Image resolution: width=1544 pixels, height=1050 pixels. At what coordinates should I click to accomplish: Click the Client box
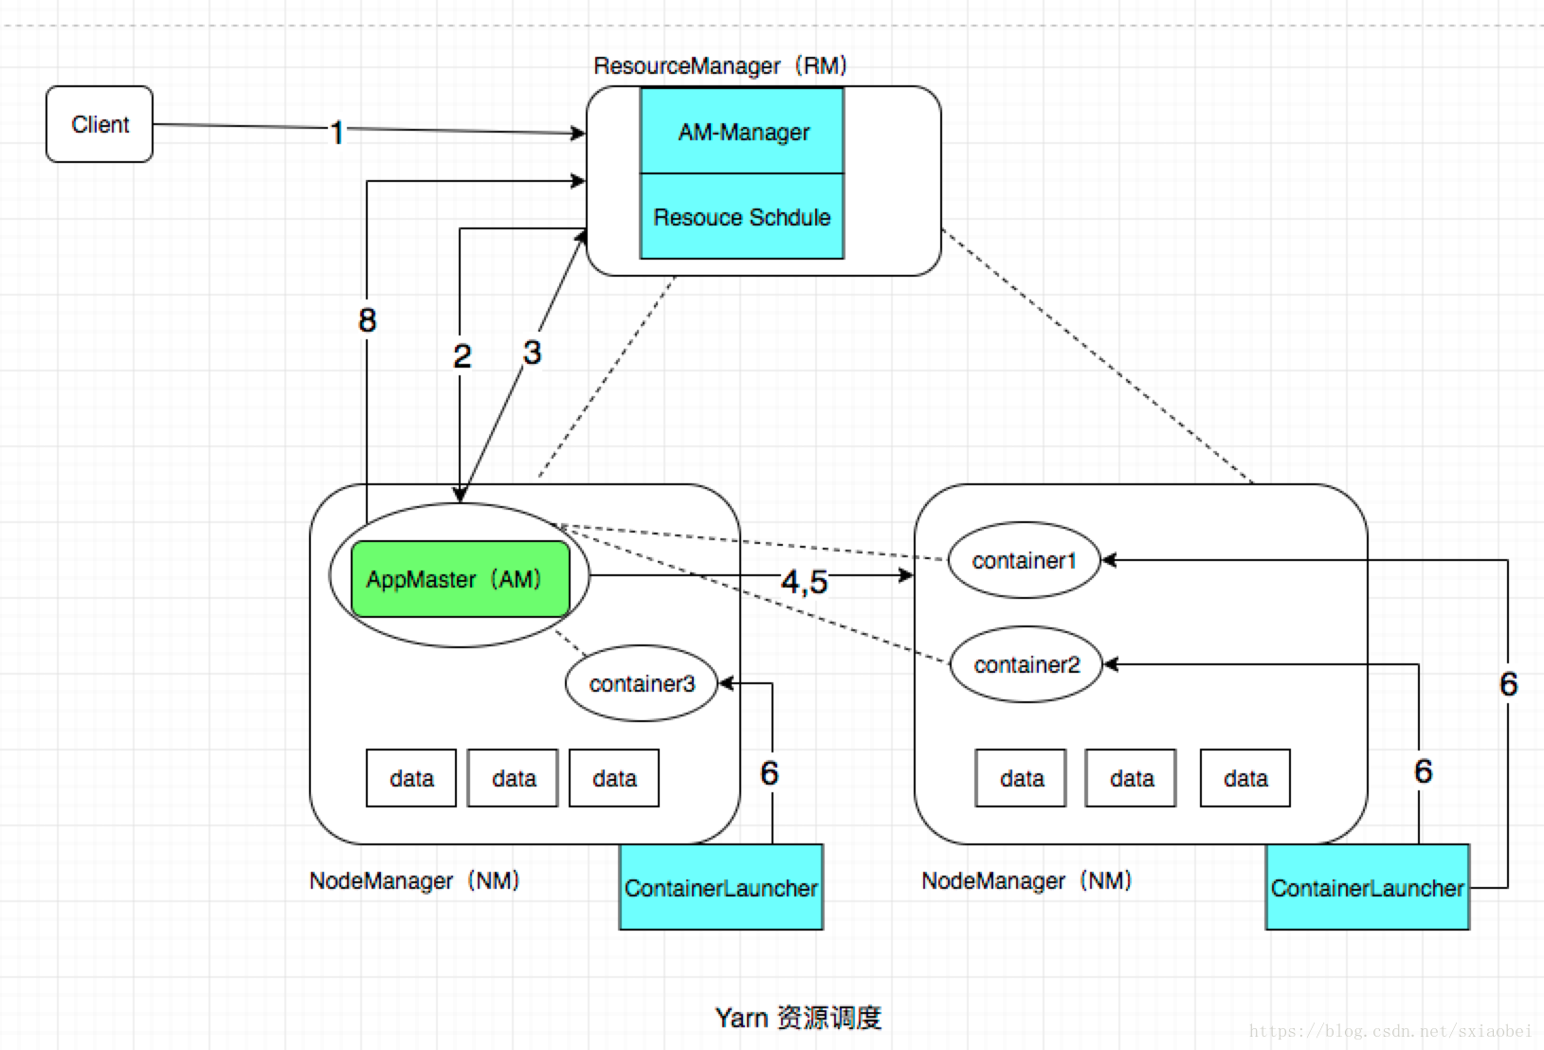click(100, 124)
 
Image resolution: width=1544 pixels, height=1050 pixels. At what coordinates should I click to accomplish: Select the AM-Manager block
click(742, 132)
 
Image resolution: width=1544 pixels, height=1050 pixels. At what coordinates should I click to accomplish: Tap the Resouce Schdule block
click(742, 217)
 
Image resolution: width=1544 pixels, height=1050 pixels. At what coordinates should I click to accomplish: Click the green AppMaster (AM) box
click(460, 579)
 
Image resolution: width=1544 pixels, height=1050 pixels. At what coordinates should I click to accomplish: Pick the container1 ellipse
click(1024, 560)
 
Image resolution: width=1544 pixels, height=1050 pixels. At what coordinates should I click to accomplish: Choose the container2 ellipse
click(1026, 664)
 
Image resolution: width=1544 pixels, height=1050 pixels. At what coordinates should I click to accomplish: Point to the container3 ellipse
click(642, 683)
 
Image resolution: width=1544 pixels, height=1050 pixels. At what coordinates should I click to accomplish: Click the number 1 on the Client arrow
click(336, 133)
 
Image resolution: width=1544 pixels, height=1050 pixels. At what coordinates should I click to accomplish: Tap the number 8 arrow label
click(367, 320)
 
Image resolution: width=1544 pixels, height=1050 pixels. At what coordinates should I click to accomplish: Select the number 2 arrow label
click(462, 356)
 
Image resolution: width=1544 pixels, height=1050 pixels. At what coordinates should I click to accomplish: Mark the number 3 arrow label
click(532, 353)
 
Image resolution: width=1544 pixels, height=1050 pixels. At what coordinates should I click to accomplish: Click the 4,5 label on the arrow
click(804, 581)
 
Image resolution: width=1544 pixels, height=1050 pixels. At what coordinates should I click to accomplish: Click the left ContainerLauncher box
click(720, 888)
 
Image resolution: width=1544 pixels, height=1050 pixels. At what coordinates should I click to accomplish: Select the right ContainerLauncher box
click(1367, 888)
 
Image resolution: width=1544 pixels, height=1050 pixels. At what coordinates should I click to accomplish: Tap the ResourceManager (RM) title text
click(720, 65)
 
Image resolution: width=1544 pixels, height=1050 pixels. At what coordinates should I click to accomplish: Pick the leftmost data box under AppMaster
click(411, 778)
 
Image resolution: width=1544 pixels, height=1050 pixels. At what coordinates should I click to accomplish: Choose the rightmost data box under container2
click(1244, 778)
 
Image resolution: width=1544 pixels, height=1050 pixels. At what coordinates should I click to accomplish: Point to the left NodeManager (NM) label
click(415, 880)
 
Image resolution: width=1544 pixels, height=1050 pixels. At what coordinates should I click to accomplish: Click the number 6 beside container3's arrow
click(769, 773)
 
